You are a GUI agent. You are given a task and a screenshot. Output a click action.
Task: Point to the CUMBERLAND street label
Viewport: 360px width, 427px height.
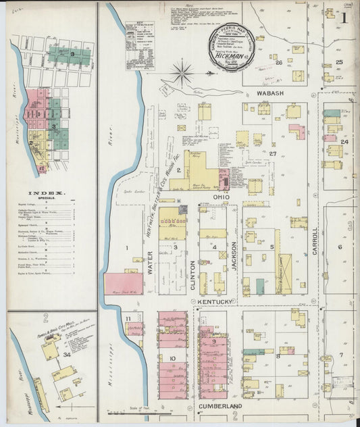pos(220,405)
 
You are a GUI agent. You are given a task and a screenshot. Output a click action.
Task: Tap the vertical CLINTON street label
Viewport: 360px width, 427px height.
pos(193,274)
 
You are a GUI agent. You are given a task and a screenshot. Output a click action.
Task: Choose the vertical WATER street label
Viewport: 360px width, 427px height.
pos(149,263)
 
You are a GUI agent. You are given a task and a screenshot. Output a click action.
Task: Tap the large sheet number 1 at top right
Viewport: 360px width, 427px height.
pos(344,19)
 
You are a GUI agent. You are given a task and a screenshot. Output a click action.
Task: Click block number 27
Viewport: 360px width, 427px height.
pos(273,154)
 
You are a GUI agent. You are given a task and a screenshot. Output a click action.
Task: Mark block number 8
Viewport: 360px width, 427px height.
pos(277,355)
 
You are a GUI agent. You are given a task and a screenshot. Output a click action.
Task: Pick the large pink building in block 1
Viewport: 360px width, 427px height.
pos(124,284)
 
